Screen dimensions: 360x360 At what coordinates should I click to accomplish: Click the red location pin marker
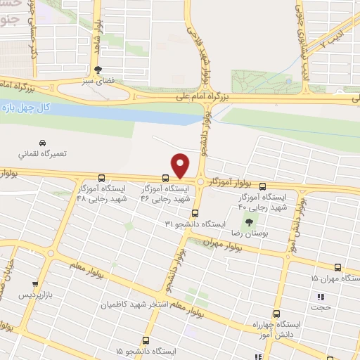181,166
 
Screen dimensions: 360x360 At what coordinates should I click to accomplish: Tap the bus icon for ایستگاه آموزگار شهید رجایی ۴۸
103,179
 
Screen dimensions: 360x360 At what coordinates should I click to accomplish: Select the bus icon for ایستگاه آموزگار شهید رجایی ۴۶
165,179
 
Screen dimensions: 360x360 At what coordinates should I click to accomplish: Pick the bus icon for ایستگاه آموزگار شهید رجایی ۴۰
262,187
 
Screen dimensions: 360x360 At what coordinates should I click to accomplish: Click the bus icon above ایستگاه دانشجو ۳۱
195,213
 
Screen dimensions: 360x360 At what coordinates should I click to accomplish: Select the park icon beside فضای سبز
98,70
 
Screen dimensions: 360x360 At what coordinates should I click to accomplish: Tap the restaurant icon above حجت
321,297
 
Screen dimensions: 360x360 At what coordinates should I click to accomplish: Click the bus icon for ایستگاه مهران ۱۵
338,267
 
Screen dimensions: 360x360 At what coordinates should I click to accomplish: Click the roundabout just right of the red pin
201,182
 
